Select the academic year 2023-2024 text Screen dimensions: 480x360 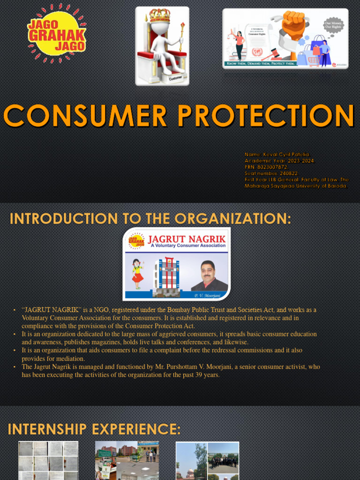[295, 161]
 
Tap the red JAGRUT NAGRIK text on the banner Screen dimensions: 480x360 [187, 239]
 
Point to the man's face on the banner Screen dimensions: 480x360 [208, 271]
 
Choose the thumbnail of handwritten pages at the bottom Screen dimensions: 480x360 [48, 460]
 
